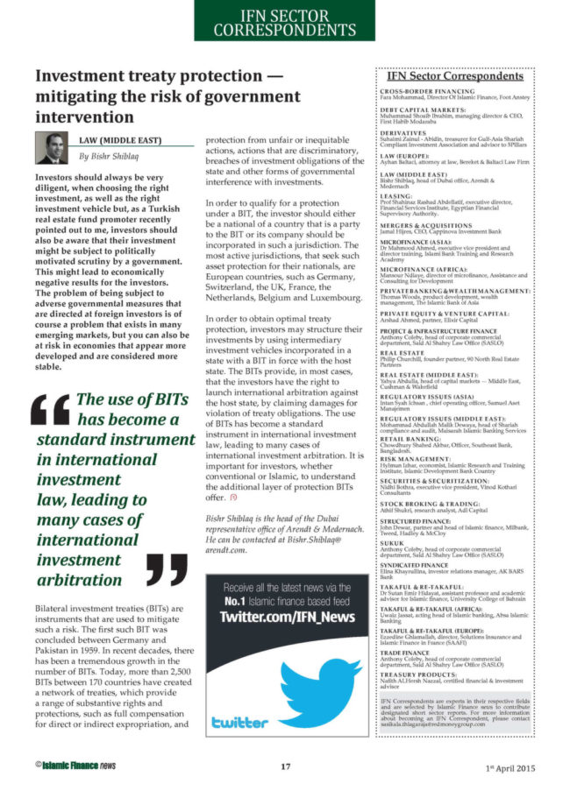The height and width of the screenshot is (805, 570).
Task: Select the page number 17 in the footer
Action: tap(285, 767)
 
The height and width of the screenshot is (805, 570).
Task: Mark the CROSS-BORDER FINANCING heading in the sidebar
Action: tap(427, 90)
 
